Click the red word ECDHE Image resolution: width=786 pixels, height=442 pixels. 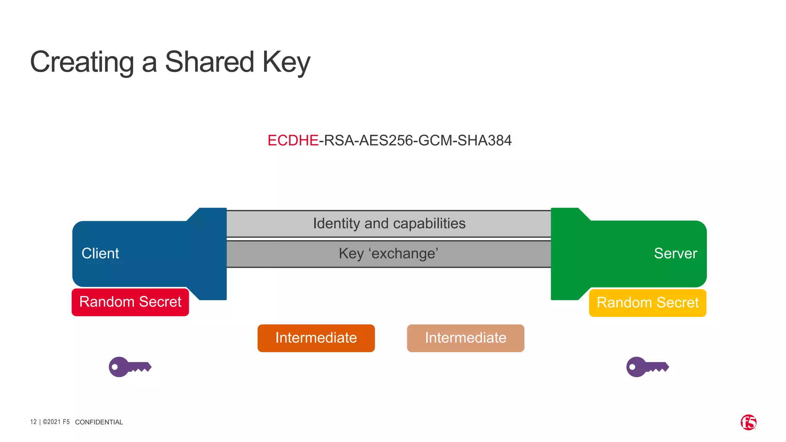pos(293,140)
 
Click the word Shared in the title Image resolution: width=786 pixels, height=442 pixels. pos(210,62)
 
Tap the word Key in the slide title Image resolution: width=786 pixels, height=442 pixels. pos(286,62)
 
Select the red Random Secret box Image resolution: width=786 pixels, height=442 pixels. pos(130,302)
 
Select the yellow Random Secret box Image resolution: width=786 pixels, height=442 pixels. pos(647,303)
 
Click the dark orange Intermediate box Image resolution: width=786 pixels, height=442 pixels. pos(316,338)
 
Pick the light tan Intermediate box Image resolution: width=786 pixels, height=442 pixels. pos(466,338)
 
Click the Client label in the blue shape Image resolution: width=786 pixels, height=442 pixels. pos(100,254)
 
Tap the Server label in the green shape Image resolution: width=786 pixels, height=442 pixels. pos(675,254)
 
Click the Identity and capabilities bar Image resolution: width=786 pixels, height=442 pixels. pos(389,224)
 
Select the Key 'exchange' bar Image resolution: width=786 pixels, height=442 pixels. pos(388,254)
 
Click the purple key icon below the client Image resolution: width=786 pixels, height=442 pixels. pos(129,367)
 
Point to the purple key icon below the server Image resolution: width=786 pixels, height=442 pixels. pos(647,367)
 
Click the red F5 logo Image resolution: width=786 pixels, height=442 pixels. pos(748,422)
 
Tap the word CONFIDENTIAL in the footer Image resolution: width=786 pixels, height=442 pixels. pos(99,422)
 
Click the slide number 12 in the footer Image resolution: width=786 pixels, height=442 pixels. pos(33,422)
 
